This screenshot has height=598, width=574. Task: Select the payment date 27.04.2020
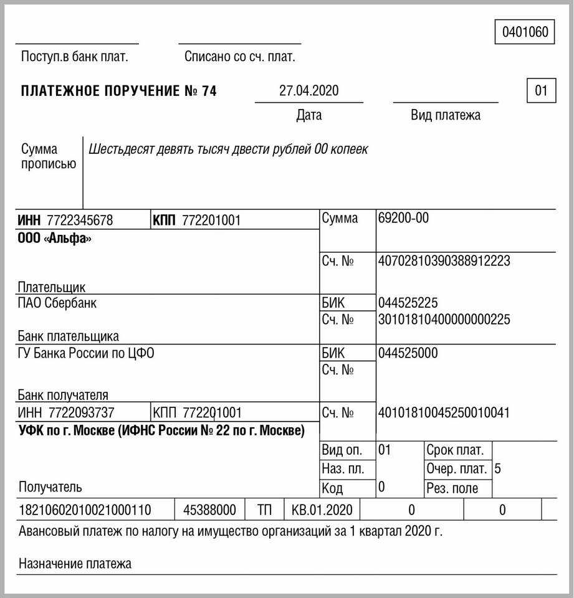coord(309,91)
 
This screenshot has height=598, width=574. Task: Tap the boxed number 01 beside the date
coord(541,91)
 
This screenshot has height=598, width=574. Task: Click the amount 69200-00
coord(403,219)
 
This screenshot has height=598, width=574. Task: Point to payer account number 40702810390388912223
coord(444,261)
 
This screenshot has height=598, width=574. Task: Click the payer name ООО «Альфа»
coord(55,238)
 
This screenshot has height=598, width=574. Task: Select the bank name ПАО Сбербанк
coord(57,303)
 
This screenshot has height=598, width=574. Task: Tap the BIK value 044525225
coord(408,303)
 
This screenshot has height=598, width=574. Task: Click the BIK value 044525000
coord(408,354)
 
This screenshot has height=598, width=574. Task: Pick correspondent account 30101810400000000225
coord(444,320)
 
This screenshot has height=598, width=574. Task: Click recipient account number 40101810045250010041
coord(444,412)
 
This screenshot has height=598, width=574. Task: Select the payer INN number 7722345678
coord(80,220)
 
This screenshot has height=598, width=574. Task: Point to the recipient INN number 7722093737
coord(80,412)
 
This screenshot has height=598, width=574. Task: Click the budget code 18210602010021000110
coord(85,510)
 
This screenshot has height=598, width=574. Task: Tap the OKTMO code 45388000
coord(209,510)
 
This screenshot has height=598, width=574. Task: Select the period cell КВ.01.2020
coord(322,510)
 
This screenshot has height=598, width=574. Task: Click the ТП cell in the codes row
coord(265,510)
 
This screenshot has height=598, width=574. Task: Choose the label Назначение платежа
coord(75,564)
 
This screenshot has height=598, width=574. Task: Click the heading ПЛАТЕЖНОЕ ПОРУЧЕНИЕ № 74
coord(118,91)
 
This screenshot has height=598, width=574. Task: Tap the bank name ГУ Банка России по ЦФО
coord(86,354)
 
